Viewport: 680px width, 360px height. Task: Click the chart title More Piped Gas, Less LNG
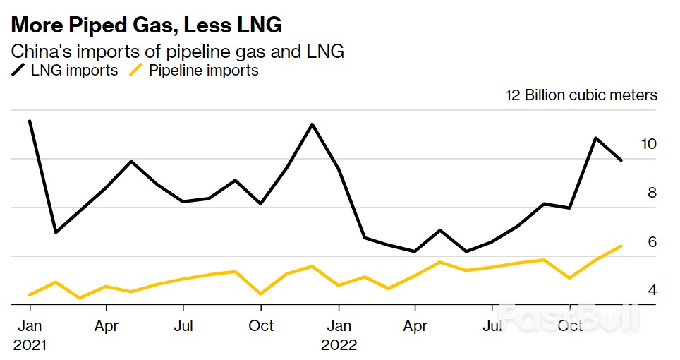pyautogui.click(x=146, y=25)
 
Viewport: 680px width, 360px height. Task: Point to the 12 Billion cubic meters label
pyautogui.click(x=581, y=95)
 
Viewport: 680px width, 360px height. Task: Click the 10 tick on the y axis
pyautogui.click(x=649, y=144)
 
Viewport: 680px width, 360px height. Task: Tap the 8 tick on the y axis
pyautogui.click(x=652, y=193)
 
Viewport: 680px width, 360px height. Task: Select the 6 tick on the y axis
pyautogui.click(x=652, y=242)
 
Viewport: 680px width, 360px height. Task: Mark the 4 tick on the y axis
pyautogui.click(x=652, y=290)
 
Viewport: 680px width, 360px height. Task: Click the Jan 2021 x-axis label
pyautogui.click(x=30, y=335)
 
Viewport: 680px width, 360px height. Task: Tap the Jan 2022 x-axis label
pyautogui.click(x=339, y=335)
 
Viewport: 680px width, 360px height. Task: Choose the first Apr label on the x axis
pyautogui.click(x=107, y=326)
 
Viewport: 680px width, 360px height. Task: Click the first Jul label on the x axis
pyautogui.click(x=183, y=326)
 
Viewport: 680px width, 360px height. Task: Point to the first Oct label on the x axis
pyautogui.click(x=261, y=326)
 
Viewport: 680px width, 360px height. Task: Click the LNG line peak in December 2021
pyautogui.click(x=312, y=124)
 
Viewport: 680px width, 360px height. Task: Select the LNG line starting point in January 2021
pyautogui.click(x=30, y=121)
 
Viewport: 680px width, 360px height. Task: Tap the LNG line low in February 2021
pyautogui.click(x=55, y=232)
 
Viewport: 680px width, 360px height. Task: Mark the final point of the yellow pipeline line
pyautogui.click(x=621, y=246)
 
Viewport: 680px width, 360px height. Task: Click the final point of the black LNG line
pyautogui.click(x=621, y=161)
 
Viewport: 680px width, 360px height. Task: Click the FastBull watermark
pyautogui.click(x=568, y=317)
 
